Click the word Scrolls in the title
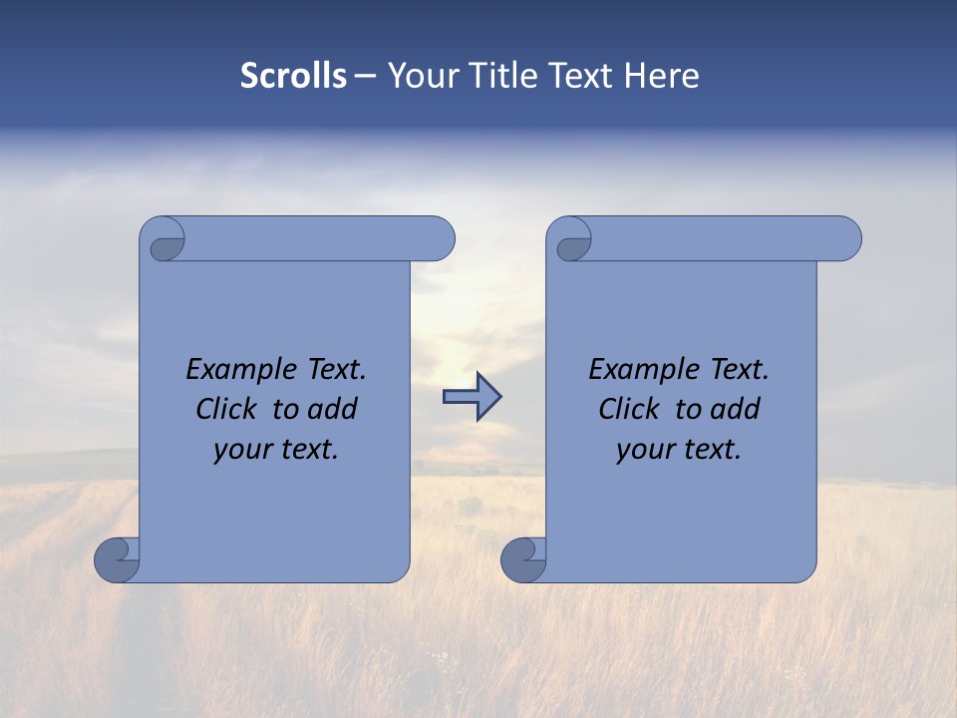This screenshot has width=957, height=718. (x=293, y=76)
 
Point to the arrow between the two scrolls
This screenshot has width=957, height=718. (x=472, y=397)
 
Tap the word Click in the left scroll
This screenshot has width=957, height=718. (x=229, y=410)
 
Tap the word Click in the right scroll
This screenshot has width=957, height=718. (x=632, y=410)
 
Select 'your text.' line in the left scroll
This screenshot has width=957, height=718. (x=276, y=450)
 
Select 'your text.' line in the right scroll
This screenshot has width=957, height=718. (x=679, y=450)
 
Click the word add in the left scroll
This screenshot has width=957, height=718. (x=333, y=410)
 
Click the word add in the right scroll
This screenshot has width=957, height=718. (x=736, y=410)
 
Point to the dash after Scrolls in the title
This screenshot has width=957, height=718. (x=366, y=77)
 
